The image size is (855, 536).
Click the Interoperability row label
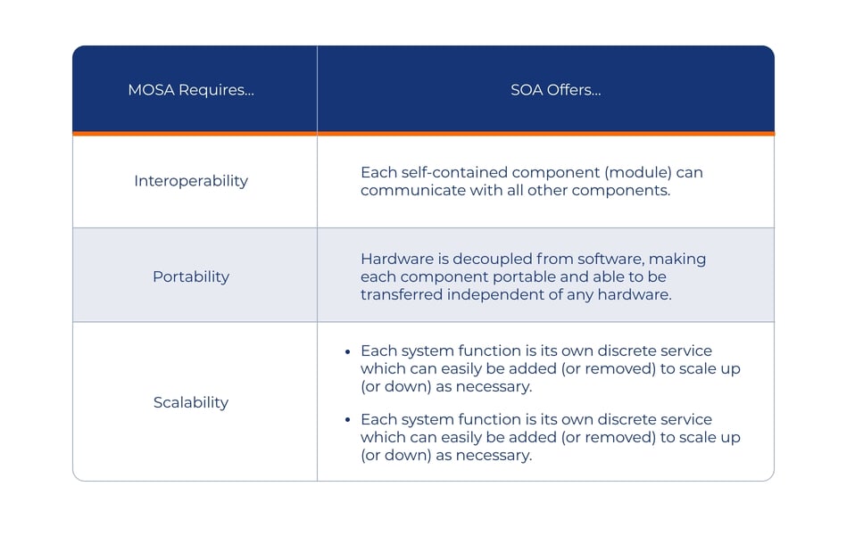click(x=191, y=181)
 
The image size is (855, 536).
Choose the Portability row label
click(x=191, y=276)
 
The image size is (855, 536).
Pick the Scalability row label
click(x=191, y=402)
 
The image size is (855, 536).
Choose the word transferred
click(x=402, y=294)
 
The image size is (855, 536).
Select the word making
click(x=677, y=260)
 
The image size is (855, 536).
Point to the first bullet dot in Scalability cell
click(x=347, y=352)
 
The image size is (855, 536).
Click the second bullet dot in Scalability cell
click(x=347, y=420)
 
